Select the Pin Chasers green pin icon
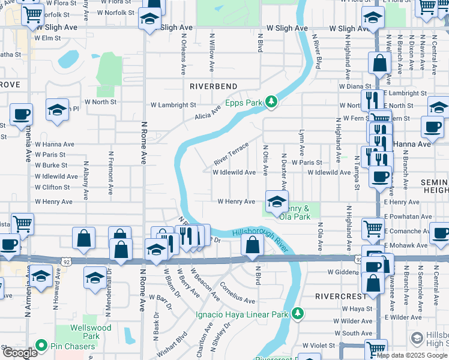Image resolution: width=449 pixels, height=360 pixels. (x=41, y=346)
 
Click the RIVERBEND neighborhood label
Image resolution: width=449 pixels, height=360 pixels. (x=214, y=86)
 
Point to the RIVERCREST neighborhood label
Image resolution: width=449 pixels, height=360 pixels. (x=340, y=296)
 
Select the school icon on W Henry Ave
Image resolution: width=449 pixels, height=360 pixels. (x=276, y=202)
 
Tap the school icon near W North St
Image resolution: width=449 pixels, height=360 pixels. (x=57, y=110)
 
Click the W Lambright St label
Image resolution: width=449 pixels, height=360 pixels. (x=169, y=105)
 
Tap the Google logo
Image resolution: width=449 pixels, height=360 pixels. (x=19, y=353)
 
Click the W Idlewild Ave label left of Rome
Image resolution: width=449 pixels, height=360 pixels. (x=56, y=176)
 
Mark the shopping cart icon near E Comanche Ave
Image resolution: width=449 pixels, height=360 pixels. (x=373, y=228)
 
